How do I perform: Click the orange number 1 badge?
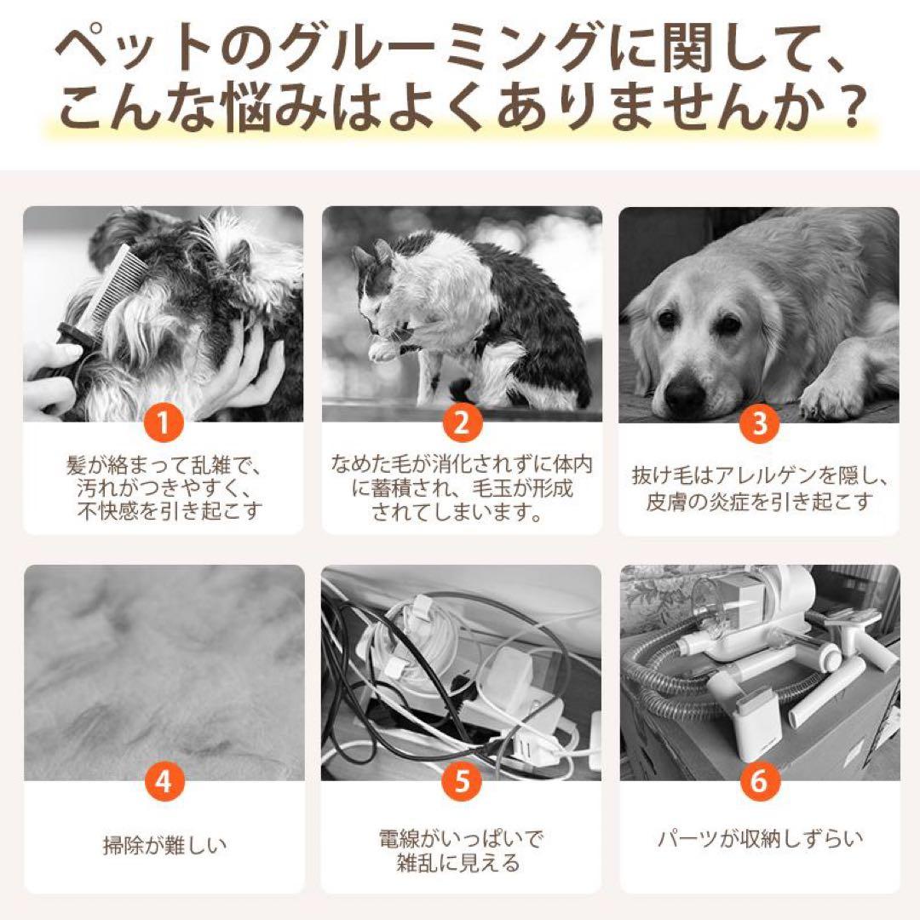pos(163,423)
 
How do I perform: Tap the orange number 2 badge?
pos(461,423)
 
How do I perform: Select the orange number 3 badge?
pos(759,423)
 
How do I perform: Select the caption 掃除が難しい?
pos(164,846)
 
